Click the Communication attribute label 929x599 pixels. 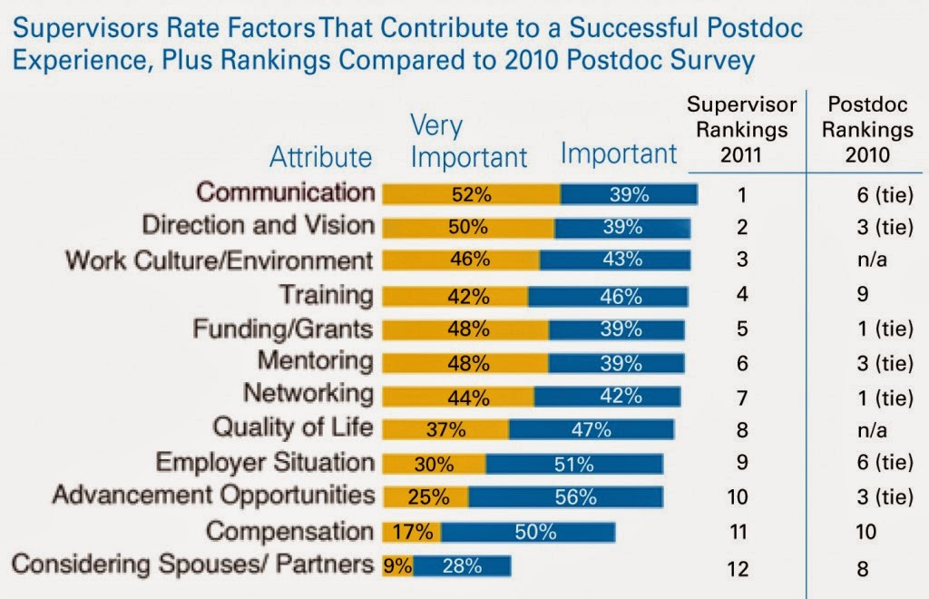coord(286,192)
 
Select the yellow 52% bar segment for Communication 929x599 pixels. coord(471,194)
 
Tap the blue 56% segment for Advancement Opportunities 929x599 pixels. coord(565,496)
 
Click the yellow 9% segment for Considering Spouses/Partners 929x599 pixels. coord(397,565)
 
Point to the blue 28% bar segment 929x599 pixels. coord(462,565)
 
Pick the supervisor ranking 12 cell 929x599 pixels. coord(742,570)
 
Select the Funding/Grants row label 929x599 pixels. coord(282,328)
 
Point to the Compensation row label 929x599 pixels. coord(289,531)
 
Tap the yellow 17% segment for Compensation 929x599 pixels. coord(411,532)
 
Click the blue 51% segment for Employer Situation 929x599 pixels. coord(574,463)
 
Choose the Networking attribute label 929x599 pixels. coord(308,395)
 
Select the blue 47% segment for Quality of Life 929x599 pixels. coord(591,429)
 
